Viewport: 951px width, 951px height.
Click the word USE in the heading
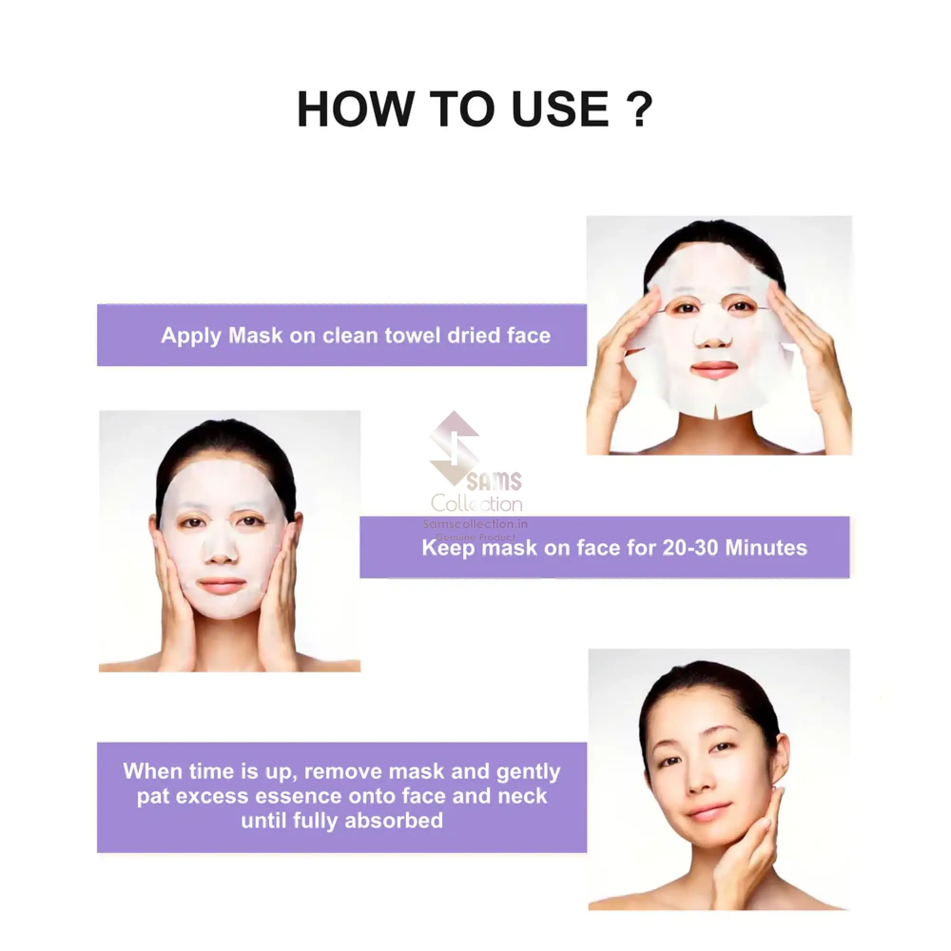pos(561,109)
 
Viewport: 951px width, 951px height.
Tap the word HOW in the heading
pos(355,109)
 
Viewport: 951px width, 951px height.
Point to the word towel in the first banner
pos(412,336)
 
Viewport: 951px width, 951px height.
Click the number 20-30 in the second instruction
pos(690,548)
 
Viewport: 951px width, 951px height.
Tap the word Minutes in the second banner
pos(766,548)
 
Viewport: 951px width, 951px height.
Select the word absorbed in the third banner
pos(394,821)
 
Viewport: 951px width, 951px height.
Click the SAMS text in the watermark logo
pos(494,481)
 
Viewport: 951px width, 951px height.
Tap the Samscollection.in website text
pos(475,524)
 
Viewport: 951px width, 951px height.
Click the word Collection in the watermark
pos(476,504)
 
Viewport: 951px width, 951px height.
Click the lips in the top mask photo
pos(715,369)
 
